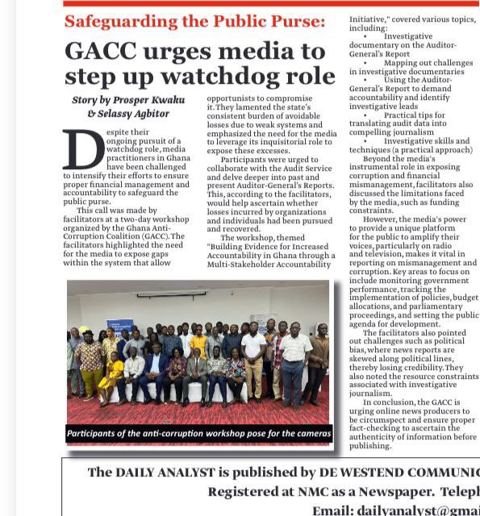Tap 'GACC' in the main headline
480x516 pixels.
pyautogui.click(x=102, y=51)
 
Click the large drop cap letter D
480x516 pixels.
pyautogui.click(x=84, y=149)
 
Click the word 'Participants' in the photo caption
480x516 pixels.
pyautogui.click(x=100, y=434)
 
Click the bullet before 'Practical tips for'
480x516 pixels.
pyautogui.click(x=365, y=115)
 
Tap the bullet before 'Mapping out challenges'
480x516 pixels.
pyautogui.click(x=365, y=62)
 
